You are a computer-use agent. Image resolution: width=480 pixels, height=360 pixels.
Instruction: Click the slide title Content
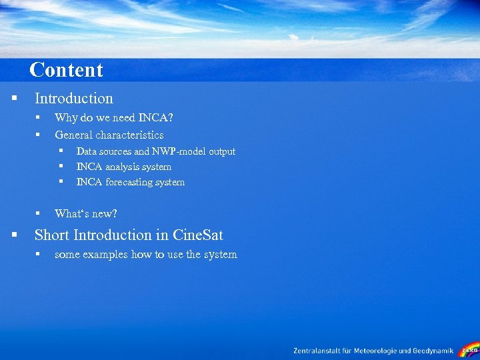(x=66, y=70)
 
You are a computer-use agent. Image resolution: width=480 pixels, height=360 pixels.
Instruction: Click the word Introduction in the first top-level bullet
(x=74, y=99)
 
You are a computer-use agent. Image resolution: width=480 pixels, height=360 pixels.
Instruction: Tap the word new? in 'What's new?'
(x=104, y=213)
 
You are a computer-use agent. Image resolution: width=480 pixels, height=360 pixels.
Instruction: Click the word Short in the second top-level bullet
(x=52, y=235)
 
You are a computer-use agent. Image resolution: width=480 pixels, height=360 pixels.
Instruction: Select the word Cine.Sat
(x=198, y=235)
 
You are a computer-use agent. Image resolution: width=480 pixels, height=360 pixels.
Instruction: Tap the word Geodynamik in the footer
(x=431, y=351)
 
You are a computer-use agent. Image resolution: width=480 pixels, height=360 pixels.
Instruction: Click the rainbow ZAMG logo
(x=469, y=349)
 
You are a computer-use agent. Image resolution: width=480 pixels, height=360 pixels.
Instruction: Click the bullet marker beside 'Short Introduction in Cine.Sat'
(x=14, y=235)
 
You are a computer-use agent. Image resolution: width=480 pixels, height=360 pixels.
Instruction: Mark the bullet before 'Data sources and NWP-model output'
(x=60, y=151)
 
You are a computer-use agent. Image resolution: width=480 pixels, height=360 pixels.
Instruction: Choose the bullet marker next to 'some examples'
(x=39, y=254)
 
